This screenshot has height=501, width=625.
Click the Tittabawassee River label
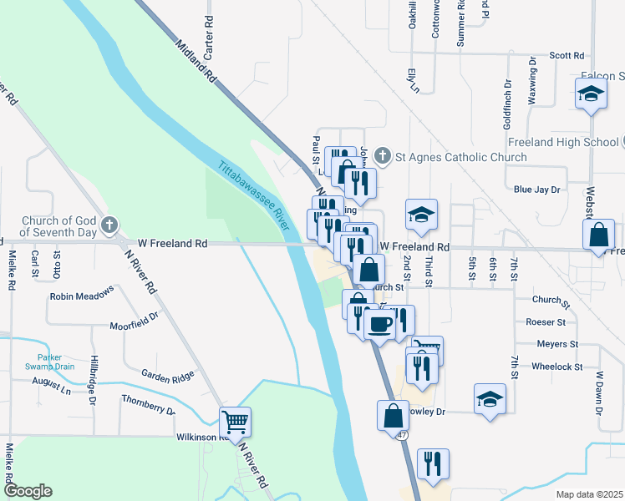254,195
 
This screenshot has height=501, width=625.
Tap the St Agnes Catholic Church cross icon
383,156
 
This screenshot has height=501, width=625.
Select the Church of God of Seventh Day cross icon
109,225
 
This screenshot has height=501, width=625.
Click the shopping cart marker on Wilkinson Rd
236,422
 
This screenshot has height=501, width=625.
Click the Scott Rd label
566,55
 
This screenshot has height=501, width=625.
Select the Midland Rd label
197,62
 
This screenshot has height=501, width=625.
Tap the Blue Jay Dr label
536,190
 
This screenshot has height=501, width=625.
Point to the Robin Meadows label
81,296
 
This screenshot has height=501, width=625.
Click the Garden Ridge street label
168,376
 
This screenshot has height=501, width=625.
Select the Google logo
28,491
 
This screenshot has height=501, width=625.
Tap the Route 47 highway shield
403,435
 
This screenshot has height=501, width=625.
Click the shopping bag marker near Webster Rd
600,235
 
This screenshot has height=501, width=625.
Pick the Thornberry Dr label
148,405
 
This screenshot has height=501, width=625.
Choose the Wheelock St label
556,367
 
